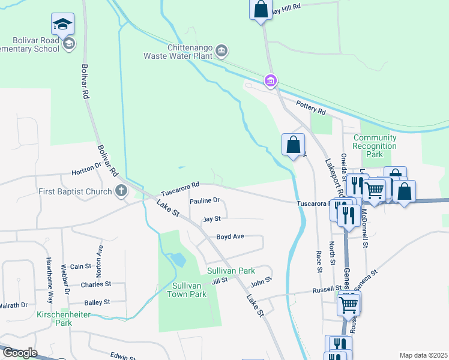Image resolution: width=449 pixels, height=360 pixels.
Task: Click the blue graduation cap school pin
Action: (x=62, y=25)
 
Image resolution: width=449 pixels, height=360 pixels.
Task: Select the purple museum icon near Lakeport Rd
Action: (x=270, y=80)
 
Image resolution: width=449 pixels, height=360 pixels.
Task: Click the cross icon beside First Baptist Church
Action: (x=121, y=191)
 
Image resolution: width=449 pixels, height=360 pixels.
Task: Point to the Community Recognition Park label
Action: (x=375, y=146)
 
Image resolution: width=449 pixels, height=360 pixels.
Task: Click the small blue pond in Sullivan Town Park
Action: (x=178, y=260)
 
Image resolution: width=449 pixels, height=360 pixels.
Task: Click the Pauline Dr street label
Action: (x=205, y=201)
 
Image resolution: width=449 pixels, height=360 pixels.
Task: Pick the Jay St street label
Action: (x=212, y=219)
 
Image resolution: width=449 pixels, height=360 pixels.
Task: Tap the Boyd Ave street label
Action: (x=230, y=236)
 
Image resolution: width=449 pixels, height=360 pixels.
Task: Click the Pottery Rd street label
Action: (x=311, y=109)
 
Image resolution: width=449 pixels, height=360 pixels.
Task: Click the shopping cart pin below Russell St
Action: (x=349, y=304)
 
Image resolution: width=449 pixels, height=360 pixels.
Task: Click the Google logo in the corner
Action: (x=19, y=353)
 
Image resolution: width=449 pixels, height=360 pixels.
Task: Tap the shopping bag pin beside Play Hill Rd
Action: (x=261, y=10)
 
